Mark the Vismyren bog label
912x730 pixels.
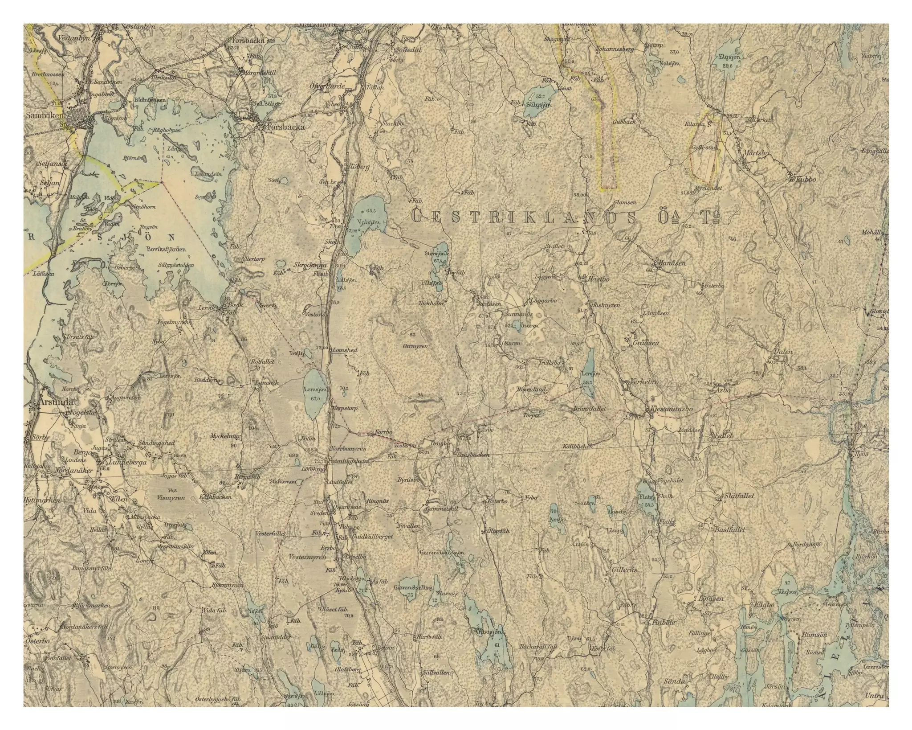coord(171,498)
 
